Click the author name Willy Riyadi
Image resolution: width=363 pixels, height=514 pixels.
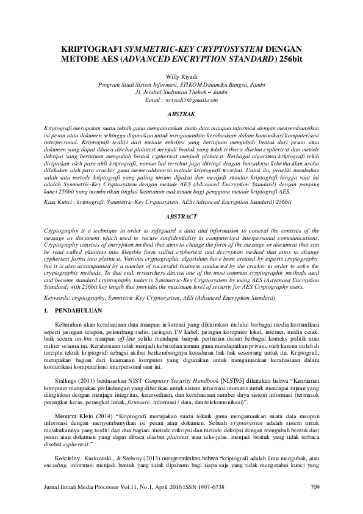181,76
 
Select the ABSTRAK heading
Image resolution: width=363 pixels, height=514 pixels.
181,114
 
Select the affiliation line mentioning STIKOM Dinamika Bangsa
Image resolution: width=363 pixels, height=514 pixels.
181,85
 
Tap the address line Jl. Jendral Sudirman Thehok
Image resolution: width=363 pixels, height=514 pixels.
181,92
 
